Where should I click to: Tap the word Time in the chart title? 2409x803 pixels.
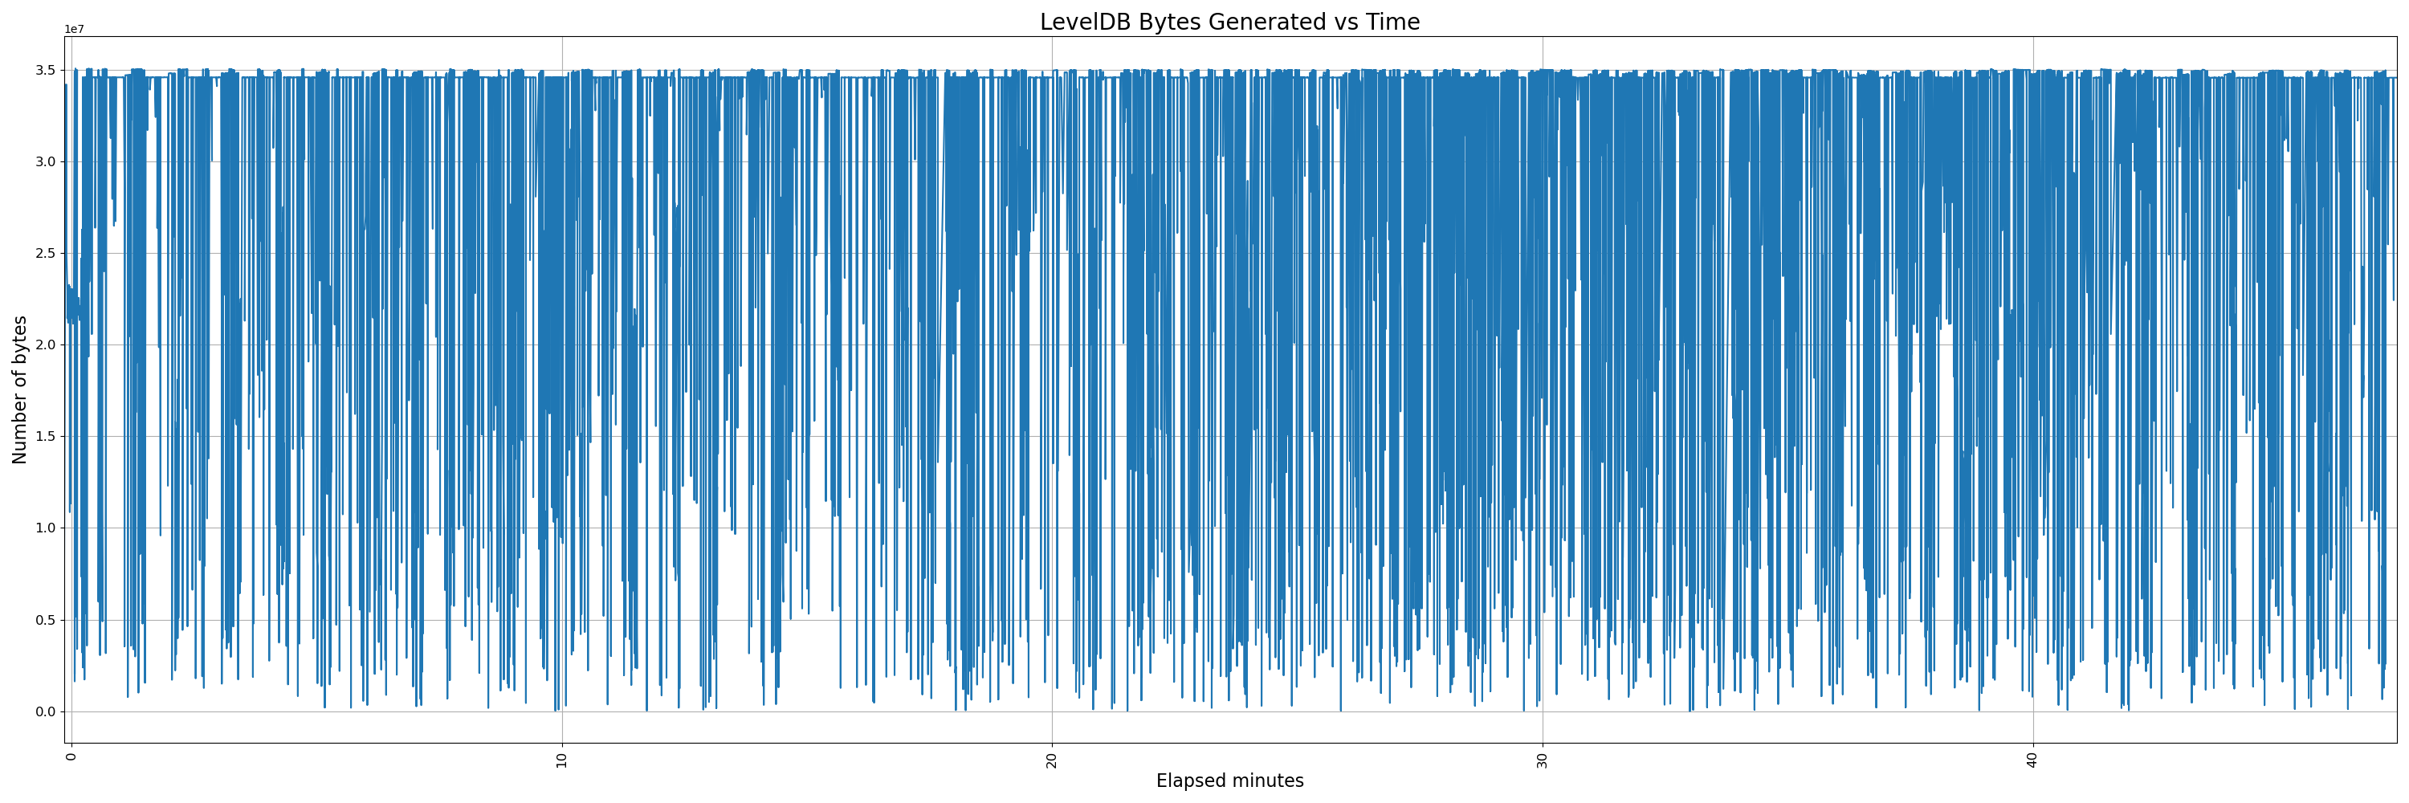[x=1396, y=22]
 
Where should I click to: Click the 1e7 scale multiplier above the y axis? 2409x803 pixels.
[x=74, y=30]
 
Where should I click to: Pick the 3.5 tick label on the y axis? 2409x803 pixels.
[x=45, y=70]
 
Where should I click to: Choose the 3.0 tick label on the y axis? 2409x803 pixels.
[x=45, y=161]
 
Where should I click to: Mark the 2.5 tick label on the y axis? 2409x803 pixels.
[x=45, y=253]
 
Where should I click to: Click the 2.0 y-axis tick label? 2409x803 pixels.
[x=45, y=345]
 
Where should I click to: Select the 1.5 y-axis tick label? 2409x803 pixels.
[x=45, y=437]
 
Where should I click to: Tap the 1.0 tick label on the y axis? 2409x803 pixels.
[x=45, y=528]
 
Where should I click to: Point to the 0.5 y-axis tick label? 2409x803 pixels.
[x=45, y=620]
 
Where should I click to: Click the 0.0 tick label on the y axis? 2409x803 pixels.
[x=45, y=711]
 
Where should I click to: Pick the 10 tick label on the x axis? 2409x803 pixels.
[x=562, y=760]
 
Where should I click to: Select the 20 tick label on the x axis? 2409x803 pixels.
[x=1052, y=760]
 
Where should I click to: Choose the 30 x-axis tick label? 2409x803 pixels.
[x=1542, y=760]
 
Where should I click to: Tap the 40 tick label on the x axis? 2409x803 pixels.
[x=2033, y=760]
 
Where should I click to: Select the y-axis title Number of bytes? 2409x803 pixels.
[x=19, y=389]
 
